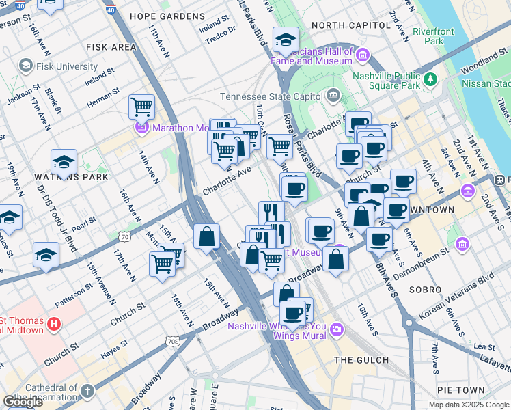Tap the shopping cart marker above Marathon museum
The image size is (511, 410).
click(x=141, y=107)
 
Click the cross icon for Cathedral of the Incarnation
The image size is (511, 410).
click(x=87, y=392)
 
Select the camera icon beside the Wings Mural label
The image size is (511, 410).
click(x=336, y=331)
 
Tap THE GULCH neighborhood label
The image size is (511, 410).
click(x=361, y=360)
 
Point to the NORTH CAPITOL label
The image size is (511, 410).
click(x=341, y=25)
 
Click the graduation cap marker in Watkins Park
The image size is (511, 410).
click(x=64, y=162)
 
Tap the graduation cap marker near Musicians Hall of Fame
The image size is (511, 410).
click(x=286, y=40)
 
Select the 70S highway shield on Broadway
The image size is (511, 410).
click(x=174, y=341)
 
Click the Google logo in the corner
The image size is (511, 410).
click(x=23, y=402)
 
